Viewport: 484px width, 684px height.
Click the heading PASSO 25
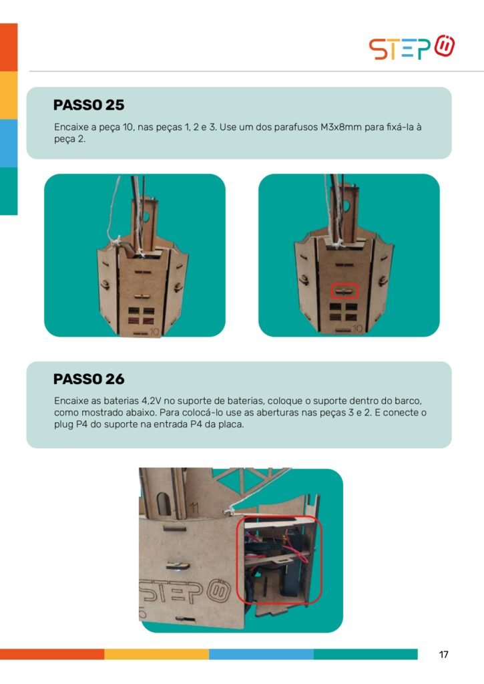tap(89, 105)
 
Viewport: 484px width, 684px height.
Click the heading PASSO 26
tap(89, 379)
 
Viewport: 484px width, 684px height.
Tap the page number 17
tap(443, 655)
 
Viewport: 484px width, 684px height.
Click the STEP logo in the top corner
tap(412, 47)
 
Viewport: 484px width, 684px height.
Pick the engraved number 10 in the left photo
tap(155, 331)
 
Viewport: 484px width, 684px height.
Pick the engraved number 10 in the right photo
tap(358, 329)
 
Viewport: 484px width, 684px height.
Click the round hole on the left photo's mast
tap(146, 216)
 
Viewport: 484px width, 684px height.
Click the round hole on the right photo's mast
tap(346, 205)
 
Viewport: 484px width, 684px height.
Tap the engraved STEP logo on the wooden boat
tap(183, 591)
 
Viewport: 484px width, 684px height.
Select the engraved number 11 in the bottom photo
tap(194, 507)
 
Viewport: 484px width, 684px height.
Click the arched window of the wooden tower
tap(164, 504)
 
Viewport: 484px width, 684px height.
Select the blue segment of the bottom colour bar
tap(261, 654)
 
